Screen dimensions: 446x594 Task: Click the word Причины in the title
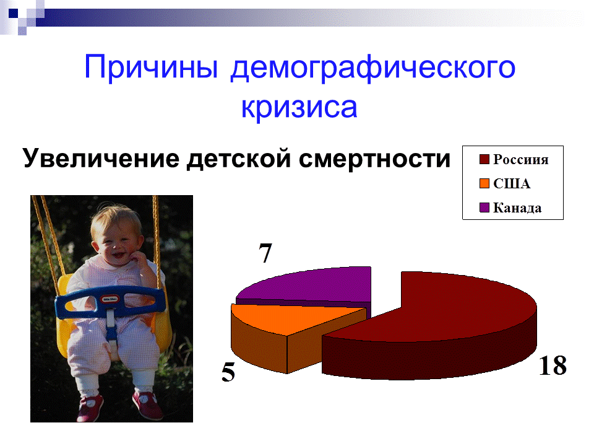coord(151,67)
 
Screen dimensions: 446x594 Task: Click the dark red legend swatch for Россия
coord(484,160)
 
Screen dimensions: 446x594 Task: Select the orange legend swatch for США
coord(484,184)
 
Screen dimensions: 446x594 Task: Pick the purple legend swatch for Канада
coord(484,208)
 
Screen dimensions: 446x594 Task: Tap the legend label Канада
coord(517,208)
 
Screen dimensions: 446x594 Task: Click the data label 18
coord(552,365)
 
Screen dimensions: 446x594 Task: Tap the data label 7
coord(266,254)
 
